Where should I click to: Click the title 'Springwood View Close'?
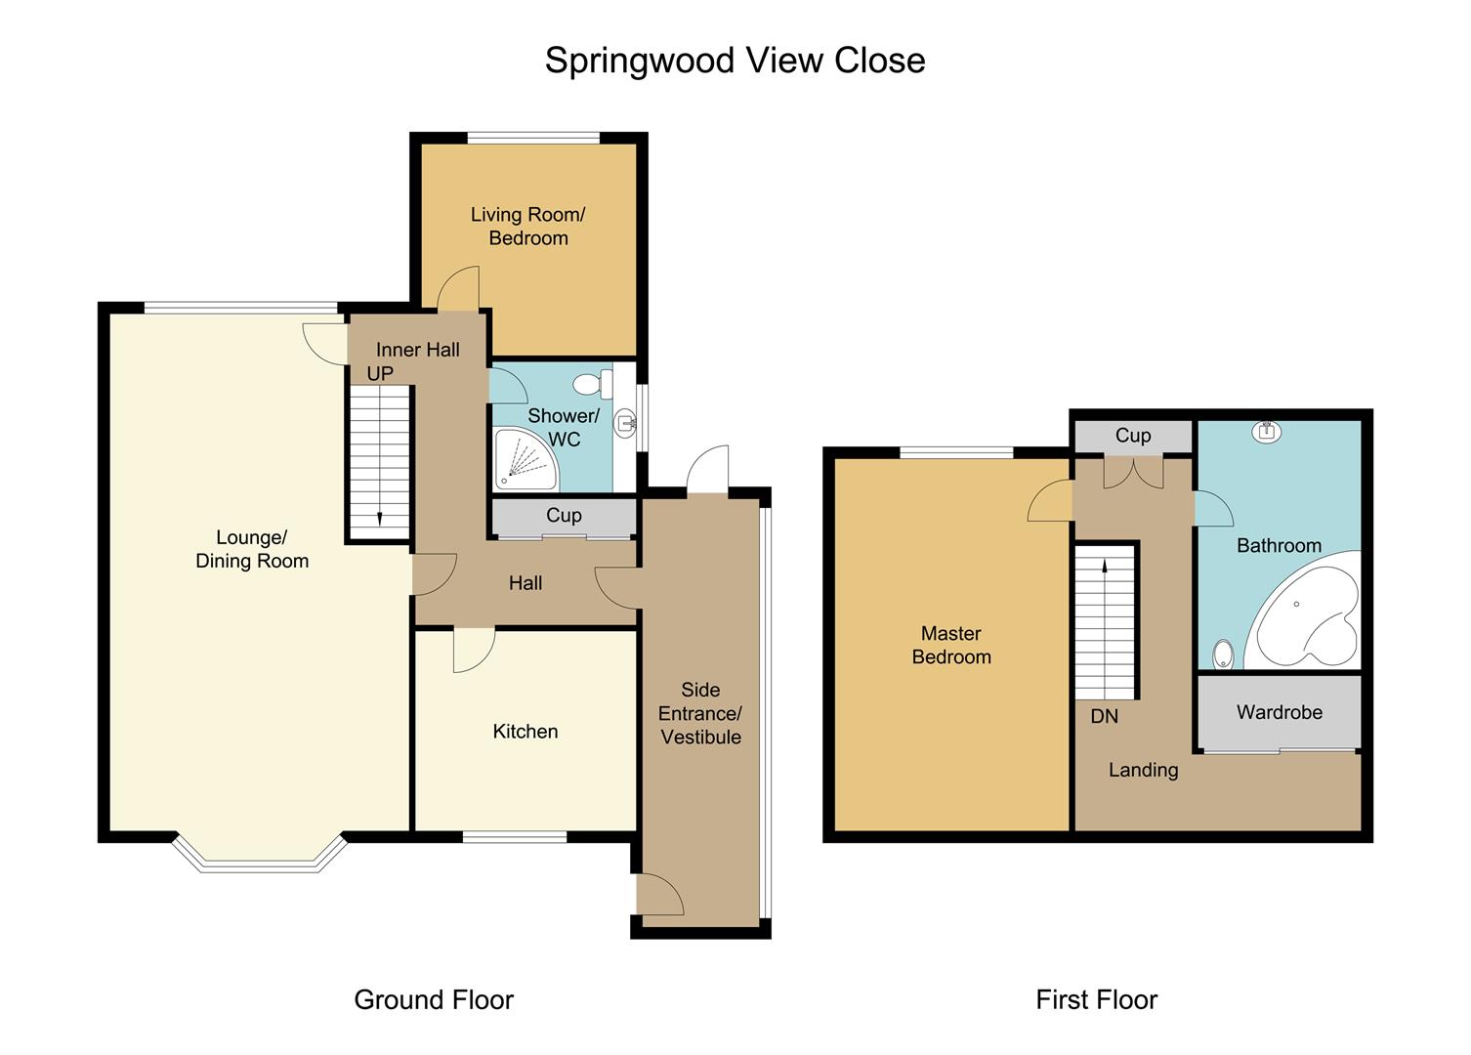(735, 61)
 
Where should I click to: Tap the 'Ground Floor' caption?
(433, 999)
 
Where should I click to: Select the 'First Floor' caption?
(1096, 999)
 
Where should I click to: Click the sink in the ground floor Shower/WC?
(625, 423)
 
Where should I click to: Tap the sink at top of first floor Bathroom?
(1266, 431)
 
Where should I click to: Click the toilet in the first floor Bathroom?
(1222, 654)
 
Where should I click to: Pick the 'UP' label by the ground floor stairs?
(380, 373)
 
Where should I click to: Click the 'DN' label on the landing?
(1104, 716)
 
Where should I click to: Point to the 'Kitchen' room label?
(525, 732)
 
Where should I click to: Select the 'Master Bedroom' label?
(950, 645)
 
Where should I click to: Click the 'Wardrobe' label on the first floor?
(1279, 712)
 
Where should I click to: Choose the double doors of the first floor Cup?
(1133, 473)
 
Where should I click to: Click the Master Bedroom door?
(1051, 502)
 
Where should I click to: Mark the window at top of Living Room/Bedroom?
(533, 138)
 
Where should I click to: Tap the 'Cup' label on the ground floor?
(564, 515)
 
